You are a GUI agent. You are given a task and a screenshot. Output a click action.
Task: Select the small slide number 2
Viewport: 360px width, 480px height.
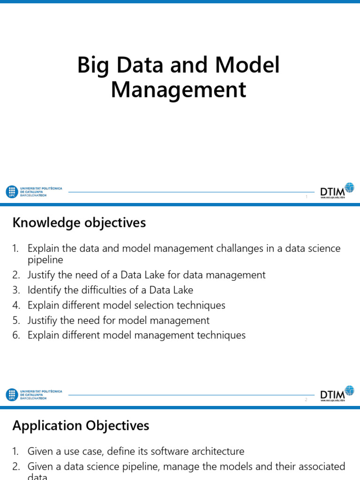click(306, 399)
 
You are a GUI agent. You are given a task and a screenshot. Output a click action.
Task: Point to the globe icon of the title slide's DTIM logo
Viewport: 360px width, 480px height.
click(349, 187)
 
